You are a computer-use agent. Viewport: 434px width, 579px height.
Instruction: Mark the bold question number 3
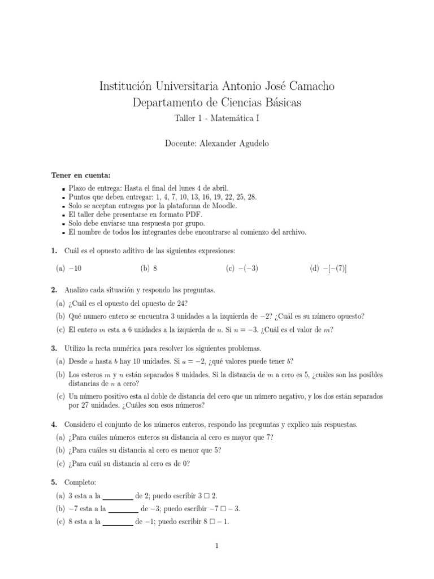coord(54,349)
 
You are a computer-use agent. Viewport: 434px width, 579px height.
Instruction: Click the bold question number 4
coord(54,424)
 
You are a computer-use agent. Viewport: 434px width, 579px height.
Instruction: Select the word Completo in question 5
coord(76,483)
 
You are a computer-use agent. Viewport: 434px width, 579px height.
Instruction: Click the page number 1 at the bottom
coord(216,545)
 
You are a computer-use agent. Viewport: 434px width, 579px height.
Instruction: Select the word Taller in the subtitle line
coord(181,119)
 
